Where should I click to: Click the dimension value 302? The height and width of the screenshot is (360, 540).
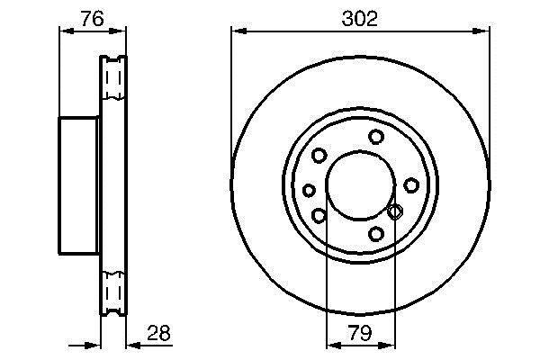(x=359, y=19)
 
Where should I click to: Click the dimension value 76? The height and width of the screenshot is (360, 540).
(x=92, y=19)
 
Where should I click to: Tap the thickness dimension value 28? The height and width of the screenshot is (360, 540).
(x=158, y=333)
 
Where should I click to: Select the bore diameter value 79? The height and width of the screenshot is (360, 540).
(x=360, y=333)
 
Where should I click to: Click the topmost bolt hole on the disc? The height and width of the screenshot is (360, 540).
(x=376, y=137)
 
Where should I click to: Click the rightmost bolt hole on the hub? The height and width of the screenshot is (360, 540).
(x=411, y=185)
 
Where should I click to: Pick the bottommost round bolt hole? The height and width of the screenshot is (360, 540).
(x=376, y=234)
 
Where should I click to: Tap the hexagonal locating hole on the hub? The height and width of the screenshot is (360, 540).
(x=395, y=211)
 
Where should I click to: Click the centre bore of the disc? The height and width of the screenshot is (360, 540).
(x=360, y=185)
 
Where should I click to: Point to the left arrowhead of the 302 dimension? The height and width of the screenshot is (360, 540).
(x=238, y=31)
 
